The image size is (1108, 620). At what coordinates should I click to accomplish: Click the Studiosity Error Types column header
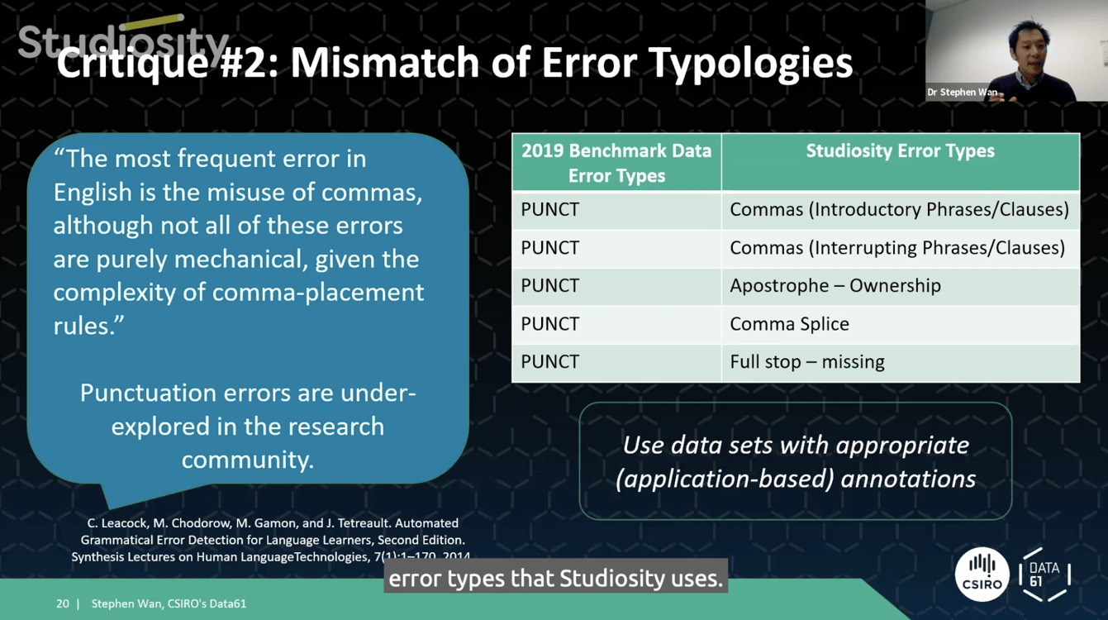[900, 151]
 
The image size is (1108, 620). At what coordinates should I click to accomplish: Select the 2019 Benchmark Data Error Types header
[616, 163]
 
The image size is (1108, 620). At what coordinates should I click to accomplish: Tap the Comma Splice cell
[789, 324]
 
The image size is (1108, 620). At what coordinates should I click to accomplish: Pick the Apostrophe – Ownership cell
[835, 286]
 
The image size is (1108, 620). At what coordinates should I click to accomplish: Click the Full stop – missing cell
[806, 362]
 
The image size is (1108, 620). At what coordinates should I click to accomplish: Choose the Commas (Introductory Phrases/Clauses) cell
[899, 210]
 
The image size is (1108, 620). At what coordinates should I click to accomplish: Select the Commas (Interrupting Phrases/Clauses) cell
[896, 248]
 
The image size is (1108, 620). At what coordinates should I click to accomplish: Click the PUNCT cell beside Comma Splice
[550, 324]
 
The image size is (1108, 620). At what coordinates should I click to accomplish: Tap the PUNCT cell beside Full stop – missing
[550, 362]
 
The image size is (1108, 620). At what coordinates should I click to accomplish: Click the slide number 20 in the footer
[63, 603]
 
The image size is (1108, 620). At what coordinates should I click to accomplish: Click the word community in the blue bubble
[248, 460]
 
